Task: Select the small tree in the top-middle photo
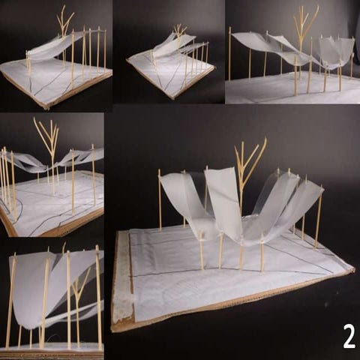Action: (179, 31)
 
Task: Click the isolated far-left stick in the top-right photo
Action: (229, 52)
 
